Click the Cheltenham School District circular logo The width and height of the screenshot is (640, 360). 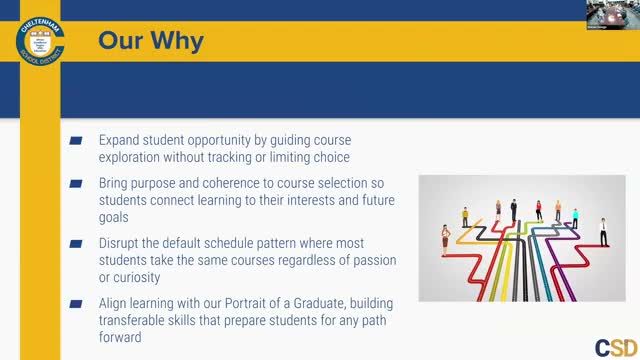tap(40, 40)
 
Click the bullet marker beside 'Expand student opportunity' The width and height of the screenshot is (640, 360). tap(76, 142)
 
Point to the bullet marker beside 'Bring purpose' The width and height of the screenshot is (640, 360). tap(76, 185)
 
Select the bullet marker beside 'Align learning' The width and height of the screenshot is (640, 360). tap(76, 303)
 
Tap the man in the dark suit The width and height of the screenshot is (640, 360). tap(514, 210)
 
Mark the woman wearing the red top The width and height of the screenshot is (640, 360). tap(538, 210)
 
